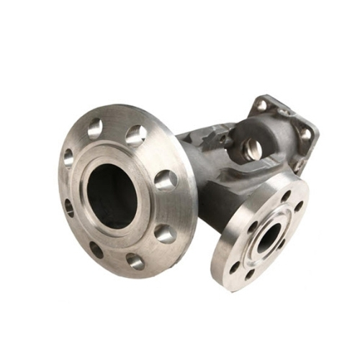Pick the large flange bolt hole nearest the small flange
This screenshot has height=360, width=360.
[x=166, y=232]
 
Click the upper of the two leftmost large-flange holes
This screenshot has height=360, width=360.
[x=69, y=156]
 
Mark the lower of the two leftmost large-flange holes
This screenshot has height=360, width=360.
[x=69, y=208]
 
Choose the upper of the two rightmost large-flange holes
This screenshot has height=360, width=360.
[x=135, y=135]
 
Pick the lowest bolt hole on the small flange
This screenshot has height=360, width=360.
[x=248, y=274]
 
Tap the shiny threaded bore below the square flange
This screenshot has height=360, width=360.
[x=253, y=149]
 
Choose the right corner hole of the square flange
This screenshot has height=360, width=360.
[x=305, y=134]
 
